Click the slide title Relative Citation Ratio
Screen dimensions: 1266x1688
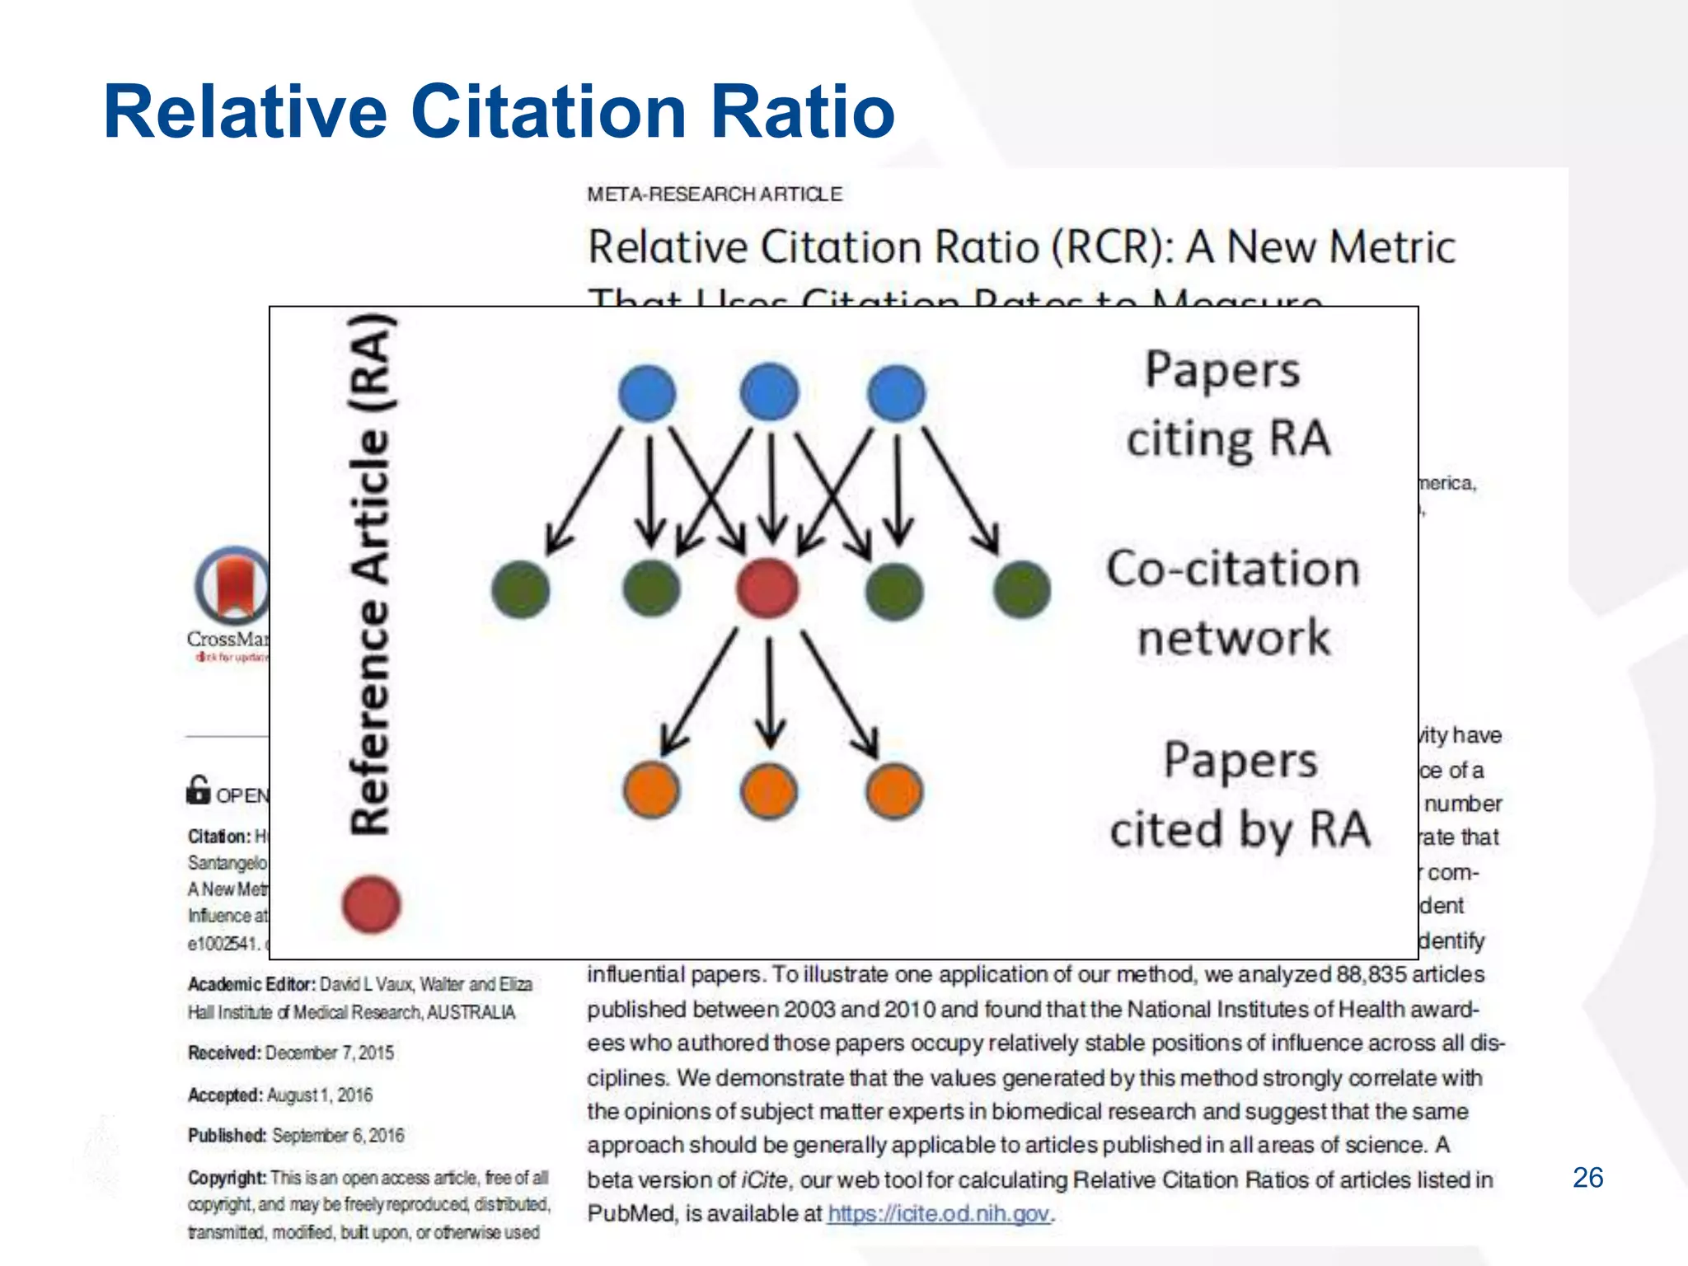pos(499,112)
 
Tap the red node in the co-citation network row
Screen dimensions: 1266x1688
pos(767,588)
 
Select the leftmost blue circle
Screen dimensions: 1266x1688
pos(647,393)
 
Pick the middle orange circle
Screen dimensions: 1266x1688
pos(769,791)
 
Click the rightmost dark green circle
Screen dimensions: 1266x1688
pos(1022,590)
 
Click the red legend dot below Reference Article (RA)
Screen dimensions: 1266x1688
pos(372,904)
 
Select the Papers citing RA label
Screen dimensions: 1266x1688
pos(1227,404)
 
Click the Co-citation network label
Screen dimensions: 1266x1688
pos(1233,603)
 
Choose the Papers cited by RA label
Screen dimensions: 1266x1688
pos(1240,795)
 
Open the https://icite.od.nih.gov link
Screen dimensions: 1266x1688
pos(939,1213)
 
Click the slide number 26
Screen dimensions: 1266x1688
pos(1587,1178)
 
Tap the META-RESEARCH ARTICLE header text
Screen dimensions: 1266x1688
pos(715,195)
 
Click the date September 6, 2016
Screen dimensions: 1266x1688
pos(338,1136)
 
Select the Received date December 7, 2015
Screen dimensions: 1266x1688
pos(329,1053)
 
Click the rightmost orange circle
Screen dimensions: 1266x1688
pos(894,791)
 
